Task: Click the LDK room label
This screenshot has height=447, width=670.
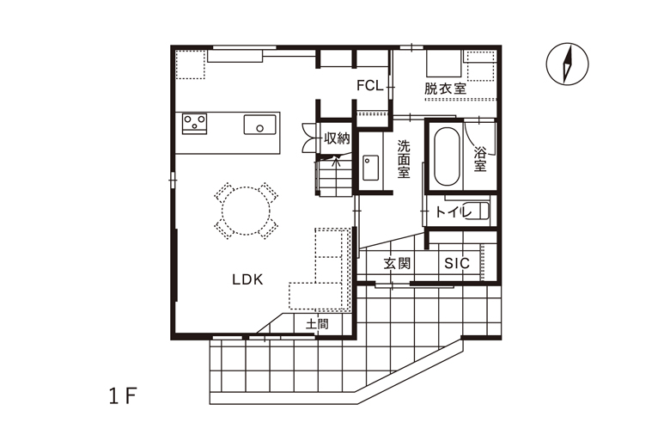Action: [x=247, y=279]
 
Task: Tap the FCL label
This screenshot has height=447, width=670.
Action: [x=370, y=86]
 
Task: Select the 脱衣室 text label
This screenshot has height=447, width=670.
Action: [x=445, y=89]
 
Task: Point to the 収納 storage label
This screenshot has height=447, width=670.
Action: [x=337, y=138]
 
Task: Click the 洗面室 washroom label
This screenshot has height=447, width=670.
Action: [x=404, y=159]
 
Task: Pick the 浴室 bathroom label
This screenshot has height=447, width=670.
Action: [x=480, y=159]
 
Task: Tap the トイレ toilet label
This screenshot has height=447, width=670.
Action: [x=453, y=211]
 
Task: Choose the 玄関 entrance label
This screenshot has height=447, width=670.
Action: [x=397, y=263]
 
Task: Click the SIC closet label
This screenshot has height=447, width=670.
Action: [x=457, y=263]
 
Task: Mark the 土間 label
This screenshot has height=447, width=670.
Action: [x=317, y=324]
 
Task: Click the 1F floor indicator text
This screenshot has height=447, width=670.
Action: [x=123, y=397]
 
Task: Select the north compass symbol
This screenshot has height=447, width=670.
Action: [x=567, y=64]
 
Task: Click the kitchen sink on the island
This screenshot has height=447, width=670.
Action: [x=259, y=125]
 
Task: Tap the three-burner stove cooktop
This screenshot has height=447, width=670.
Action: [x=194, y=124]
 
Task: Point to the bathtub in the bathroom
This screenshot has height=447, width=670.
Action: [x=448, y=156]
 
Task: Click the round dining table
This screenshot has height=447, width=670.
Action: [x=247, y=211]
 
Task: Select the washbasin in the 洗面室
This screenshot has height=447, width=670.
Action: [x=370, y=168]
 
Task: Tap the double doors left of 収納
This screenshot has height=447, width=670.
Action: [x=310, y=138]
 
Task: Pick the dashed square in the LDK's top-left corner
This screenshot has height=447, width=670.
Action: [x=191, y=64]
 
